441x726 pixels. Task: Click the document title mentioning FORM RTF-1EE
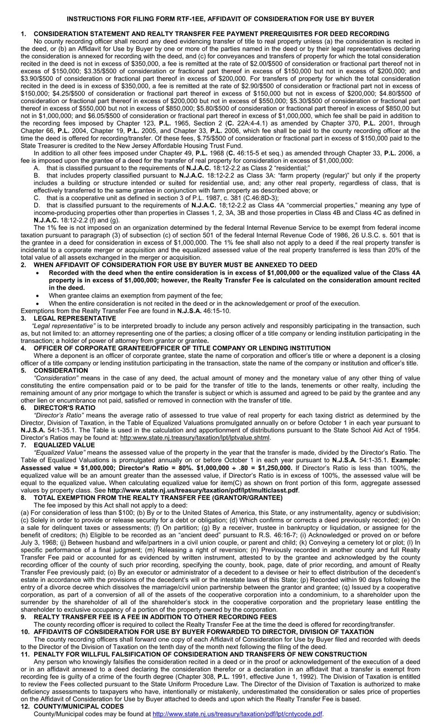point(220,19)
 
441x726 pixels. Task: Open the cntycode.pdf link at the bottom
point(237,713)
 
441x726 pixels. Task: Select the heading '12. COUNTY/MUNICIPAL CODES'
point(72,706)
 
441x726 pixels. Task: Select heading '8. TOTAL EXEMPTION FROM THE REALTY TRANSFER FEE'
point(151,497)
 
